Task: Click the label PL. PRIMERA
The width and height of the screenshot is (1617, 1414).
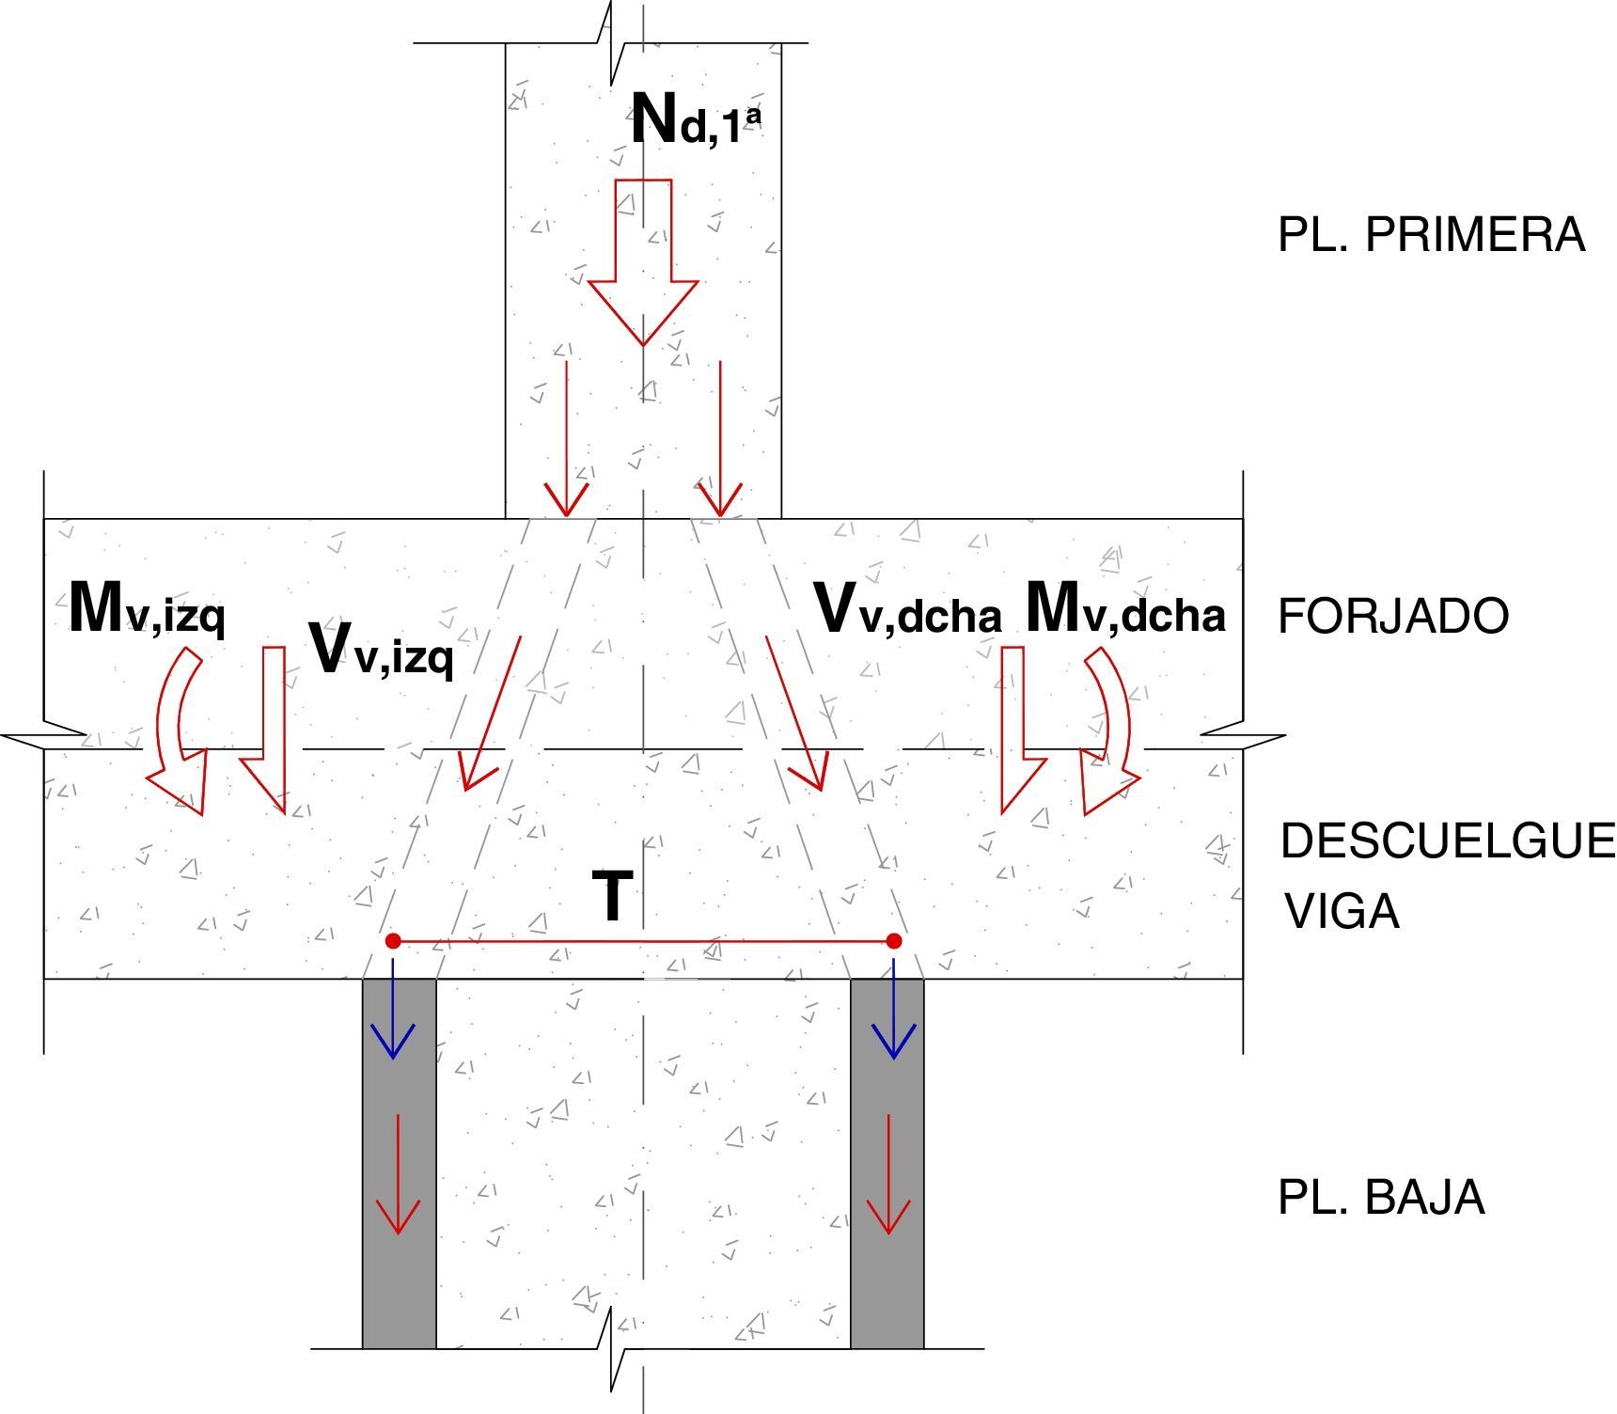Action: pos(1431,235)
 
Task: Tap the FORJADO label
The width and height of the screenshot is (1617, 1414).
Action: pos(1393,617)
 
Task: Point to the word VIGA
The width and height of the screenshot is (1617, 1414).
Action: pos(1342,911)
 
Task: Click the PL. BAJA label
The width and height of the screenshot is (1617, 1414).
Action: pos(1381,1198)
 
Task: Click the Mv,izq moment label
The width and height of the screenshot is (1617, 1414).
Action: pos(148,609)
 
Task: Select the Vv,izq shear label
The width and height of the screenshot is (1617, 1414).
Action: pos(381,651)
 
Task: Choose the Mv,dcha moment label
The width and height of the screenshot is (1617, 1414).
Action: pos(1125,609)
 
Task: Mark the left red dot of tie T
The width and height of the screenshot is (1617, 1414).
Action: pos(394,941)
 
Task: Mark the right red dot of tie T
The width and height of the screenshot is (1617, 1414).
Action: pos(894,941)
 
